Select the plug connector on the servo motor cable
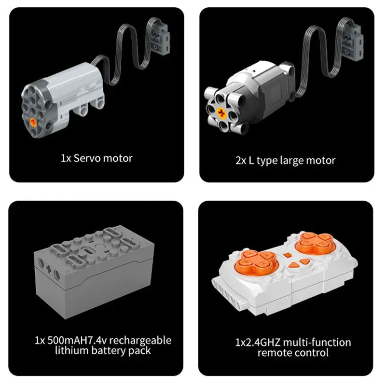(159, 37)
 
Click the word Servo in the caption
(87, 158)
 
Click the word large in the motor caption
(292, 161)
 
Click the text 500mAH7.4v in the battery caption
(77, 340)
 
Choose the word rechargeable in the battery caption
(140, 341)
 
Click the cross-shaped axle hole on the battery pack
(49, 269)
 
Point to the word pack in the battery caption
(139, 351)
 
